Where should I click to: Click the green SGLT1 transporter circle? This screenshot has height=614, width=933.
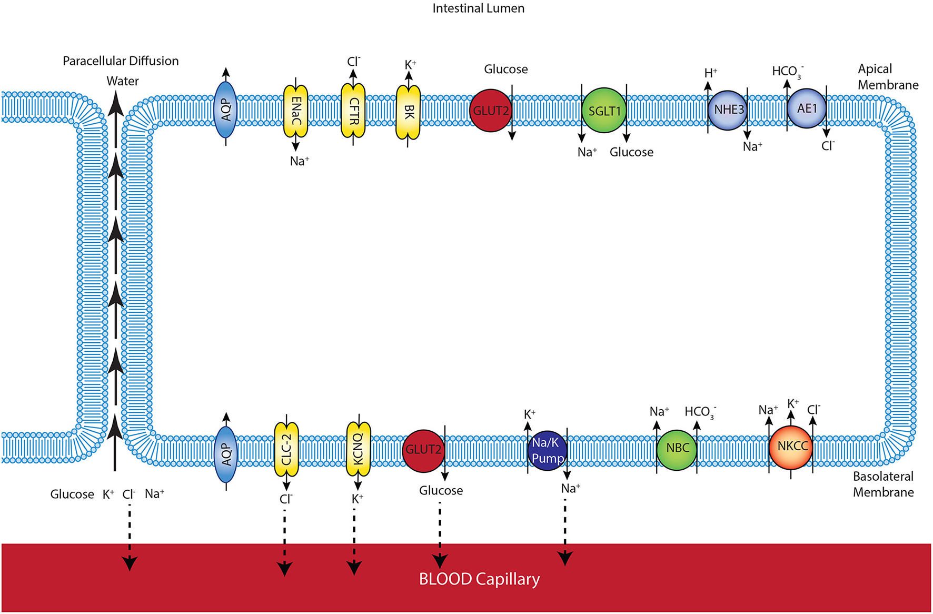tap(603, 111)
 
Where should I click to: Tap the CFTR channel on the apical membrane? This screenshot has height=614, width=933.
tap(353, 111)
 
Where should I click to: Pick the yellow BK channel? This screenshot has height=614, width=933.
tap(408, 112)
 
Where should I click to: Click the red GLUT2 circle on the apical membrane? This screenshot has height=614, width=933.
tap(490, 111)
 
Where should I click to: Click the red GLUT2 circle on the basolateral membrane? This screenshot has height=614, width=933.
tap(423, 450)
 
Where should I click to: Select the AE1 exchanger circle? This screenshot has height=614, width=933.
tap(807, 108)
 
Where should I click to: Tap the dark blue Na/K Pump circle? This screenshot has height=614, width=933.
tap(547, 451)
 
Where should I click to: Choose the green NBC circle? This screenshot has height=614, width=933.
tap(677, 448)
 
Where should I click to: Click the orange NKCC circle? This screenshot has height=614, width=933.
tap(791, 447)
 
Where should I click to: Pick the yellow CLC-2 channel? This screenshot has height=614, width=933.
tap(286, 449)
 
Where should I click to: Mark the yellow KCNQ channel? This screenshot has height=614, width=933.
tap(358, 449)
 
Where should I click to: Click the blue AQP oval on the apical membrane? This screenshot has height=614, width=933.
tap(226, 110)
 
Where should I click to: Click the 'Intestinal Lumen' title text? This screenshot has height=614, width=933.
tap(478, 8)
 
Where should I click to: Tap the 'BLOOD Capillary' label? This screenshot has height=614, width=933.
tap(479, 579)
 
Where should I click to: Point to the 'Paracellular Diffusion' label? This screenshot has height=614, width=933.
tap(121, 61)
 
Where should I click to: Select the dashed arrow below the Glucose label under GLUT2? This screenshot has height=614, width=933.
tap(440, 532)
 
